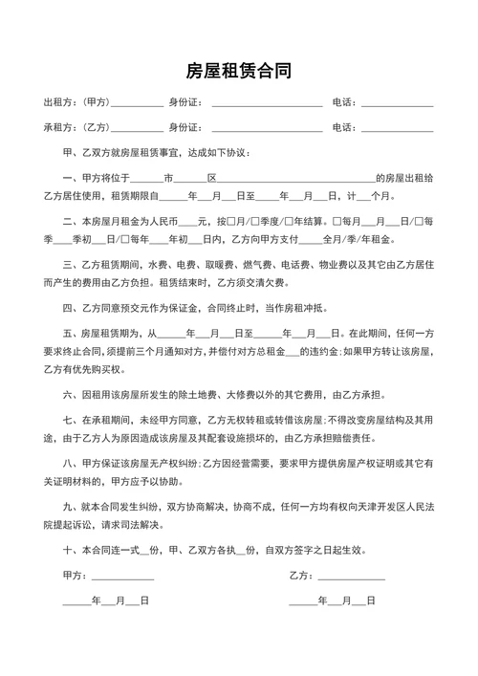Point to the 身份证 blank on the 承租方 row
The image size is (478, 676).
click(x=267, y=128)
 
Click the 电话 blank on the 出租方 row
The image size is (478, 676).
click(x=397, y=103)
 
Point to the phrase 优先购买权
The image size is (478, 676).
click(x=118, y=368)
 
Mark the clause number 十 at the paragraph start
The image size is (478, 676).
click(x=68, y=550)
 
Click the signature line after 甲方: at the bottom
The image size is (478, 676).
click(x=122, y=577)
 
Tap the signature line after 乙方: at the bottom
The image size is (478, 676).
click(x=351, y=577)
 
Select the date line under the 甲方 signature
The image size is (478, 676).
click(x=105, y=601)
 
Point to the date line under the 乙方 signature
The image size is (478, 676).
click(x=332, y=601)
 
